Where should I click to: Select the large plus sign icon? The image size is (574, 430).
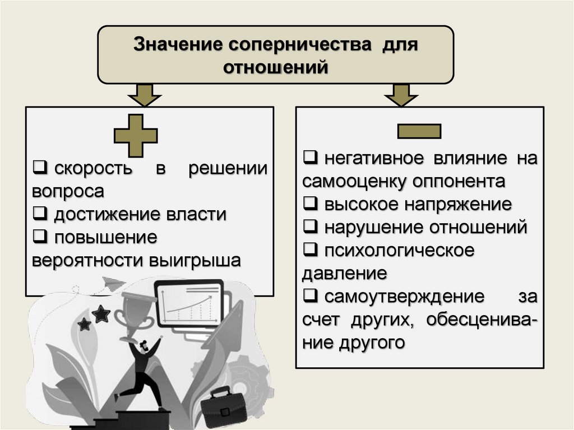[x=136, y=135]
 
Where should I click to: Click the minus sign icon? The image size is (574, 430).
[x=419, y=131]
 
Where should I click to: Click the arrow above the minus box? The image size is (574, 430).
[x=401, y=95]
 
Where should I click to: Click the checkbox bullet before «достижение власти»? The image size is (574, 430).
[x=39, y=214]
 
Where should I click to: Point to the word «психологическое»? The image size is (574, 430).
[x=399, y=250]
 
